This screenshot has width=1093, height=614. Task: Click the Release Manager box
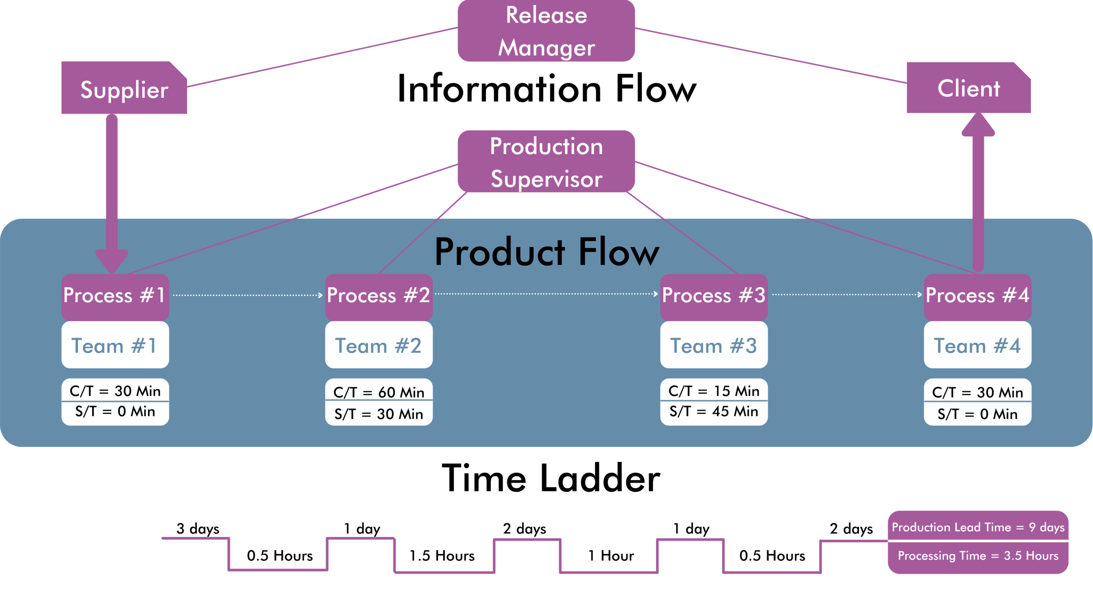point(546,31)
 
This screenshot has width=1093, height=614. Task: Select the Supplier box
point(124,91)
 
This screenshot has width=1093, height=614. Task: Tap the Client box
point(969,89)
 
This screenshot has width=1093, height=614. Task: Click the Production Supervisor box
point(546,162)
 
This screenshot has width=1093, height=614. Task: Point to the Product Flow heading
point(546,252)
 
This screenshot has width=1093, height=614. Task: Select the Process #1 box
point(115,296)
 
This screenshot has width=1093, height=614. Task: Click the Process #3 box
point(714,296)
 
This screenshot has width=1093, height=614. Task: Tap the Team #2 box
point(379,345)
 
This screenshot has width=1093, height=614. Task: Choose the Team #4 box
point(978,345)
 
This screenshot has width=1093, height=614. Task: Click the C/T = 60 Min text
point(379,392)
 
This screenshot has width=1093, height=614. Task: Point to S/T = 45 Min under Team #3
point(714,411)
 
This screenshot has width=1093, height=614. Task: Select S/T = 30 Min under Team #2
point(379,414)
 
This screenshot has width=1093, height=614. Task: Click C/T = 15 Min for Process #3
point(714,391)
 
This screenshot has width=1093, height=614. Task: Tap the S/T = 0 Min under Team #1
point(115,411)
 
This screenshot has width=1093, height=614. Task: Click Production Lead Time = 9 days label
point(978,527)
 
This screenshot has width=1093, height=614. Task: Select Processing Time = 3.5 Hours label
point(978,555)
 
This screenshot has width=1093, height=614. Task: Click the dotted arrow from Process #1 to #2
point(247,295)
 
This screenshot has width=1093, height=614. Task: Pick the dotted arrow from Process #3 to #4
point(846,295)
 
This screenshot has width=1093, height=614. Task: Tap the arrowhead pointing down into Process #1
point(111,261)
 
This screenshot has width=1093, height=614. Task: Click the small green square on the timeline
point(319,565)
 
